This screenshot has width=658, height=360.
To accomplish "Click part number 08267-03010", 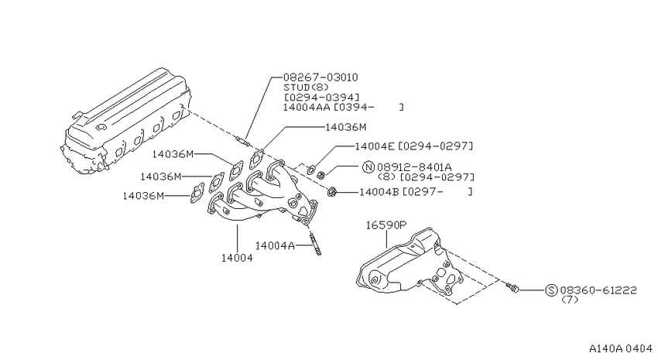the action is [x=320, y=77].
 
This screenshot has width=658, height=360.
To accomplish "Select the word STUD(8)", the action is [x=307, y=87].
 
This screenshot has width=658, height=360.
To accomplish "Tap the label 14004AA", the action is [x=308, y=107].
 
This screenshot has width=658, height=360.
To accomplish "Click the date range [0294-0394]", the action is [x=321, y=98].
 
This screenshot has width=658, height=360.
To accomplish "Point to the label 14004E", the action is [x=375, y=146].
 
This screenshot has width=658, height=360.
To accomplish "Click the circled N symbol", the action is [x=368, y=167].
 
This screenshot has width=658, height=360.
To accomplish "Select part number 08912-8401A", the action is [x=414, y=167].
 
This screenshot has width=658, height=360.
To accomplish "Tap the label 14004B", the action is [x=379, y=192].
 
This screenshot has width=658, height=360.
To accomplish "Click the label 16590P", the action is [x=386, y=225].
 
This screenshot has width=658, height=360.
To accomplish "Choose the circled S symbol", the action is [x=551, y=290].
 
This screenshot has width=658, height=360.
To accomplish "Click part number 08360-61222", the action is [x=598, y=290].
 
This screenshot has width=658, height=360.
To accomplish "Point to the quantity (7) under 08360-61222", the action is [x=570, y=300].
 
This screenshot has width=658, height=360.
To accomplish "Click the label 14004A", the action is [x=275, y=245].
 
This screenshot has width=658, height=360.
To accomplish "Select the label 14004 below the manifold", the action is [x=237, y=258].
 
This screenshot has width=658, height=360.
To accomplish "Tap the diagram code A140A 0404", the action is [x=621, y=348].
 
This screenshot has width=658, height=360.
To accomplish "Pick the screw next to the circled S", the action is [x=512, y=287].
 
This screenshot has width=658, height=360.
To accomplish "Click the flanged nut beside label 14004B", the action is [x=331, y=193].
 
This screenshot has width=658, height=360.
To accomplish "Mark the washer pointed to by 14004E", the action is [x=311, y=170].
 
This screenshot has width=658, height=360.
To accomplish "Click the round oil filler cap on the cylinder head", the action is [x=101, y=128].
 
